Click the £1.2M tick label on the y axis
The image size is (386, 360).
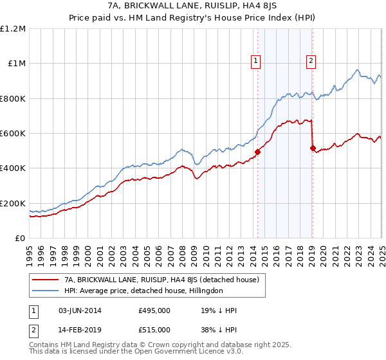click(14, 29)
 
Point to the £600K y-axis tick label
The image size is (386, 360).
click(14, 134)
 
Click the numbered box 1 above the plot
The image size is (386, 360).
click(256, 61)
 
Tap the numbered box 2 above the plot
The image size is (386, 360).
click(311, 61)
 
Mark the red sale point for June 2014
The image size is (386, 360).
click(257, 152)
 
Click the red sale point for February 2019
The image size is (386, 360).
click(312, 148)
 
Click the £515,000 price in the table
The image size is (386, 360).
click(154, 329)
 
